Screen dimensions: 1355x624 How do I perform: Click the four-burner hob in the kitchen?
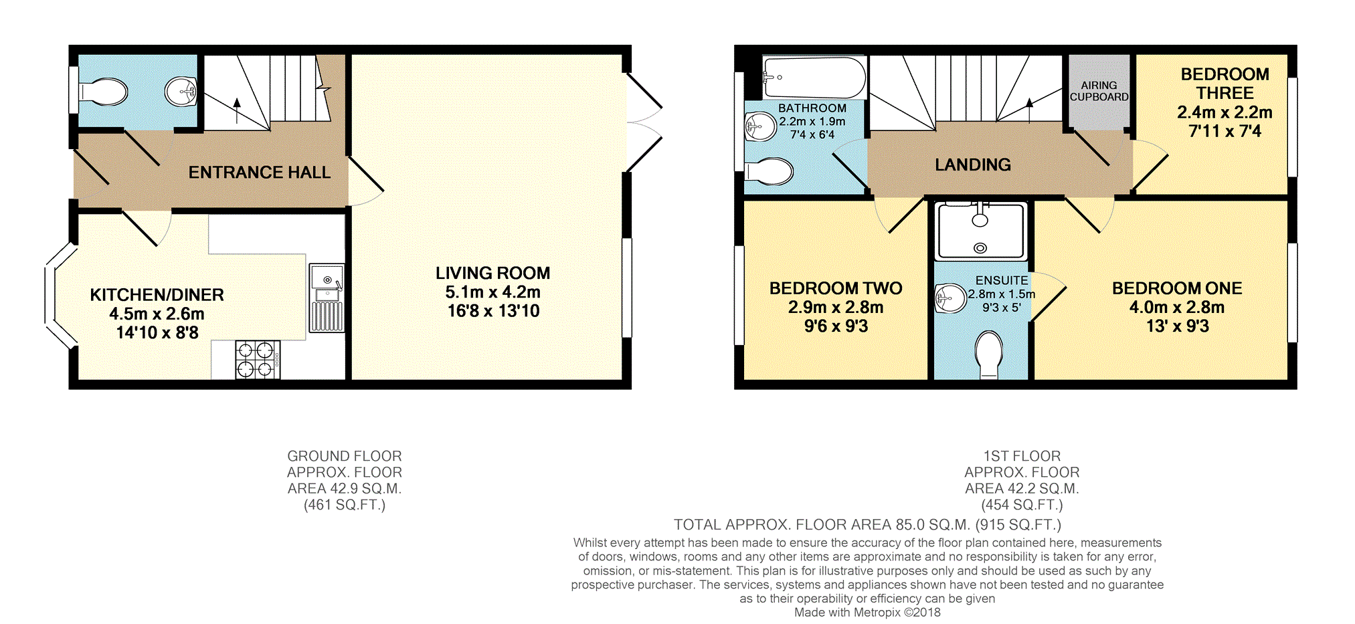(258, 360)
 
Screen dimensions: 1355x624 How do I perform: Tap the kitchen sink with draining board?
(327, 298)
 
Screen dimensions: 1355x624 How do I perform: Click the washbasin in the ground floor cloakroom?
(181, 92)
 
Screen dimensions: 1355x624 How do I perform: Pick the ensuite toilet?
(990, 354)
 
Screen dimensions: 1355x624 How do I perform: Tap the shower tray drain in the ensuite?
(980, 248)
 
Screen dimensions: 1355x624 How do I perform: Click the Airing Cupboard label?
(1099, 91)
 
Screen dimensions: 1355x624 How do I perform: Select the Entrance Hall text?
(260, 173)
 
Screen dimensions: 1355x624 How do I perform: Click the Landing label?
(973, 165)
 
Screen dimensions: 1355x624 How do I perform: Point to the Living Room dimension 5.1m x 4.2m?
(493, 292)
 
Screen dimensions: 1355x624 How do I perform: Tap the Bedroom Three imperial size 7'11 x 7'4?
(1225, 131)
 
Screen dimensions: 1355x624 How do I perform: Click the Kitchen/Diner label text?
(157, 295)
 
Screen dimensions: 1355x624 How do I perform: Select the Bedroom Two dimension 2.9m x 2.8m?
(836, 308)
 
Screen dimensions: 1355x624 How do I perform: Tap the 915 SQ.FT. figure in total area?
(1018, 525)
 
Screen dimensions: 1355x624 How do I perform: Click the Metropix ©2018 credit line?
(867, 612)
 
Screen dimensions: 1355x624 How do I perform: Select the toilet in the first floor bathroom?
(770, 172)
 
